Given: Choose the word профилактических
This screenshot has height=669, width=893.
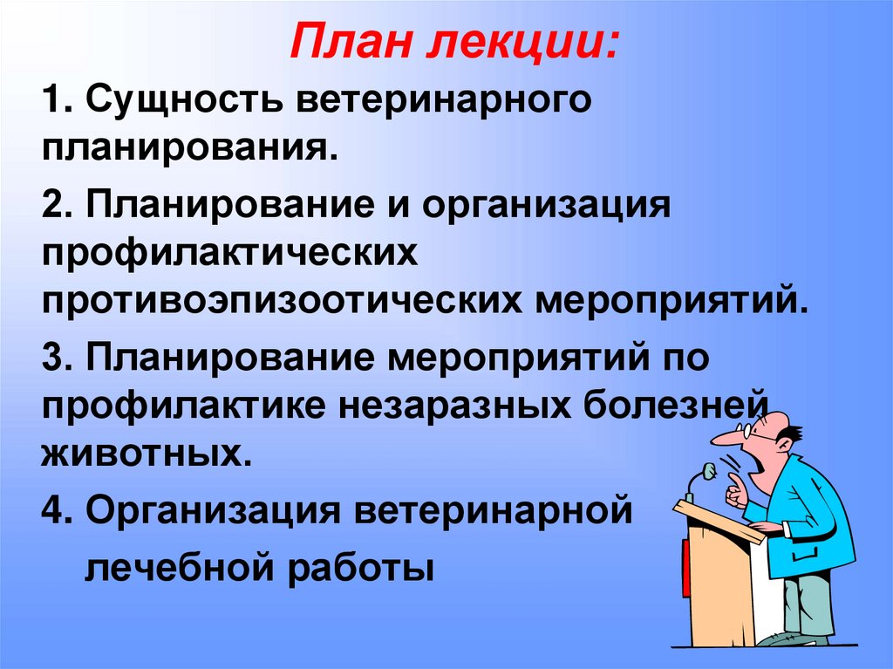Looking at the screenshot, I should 230,256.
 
